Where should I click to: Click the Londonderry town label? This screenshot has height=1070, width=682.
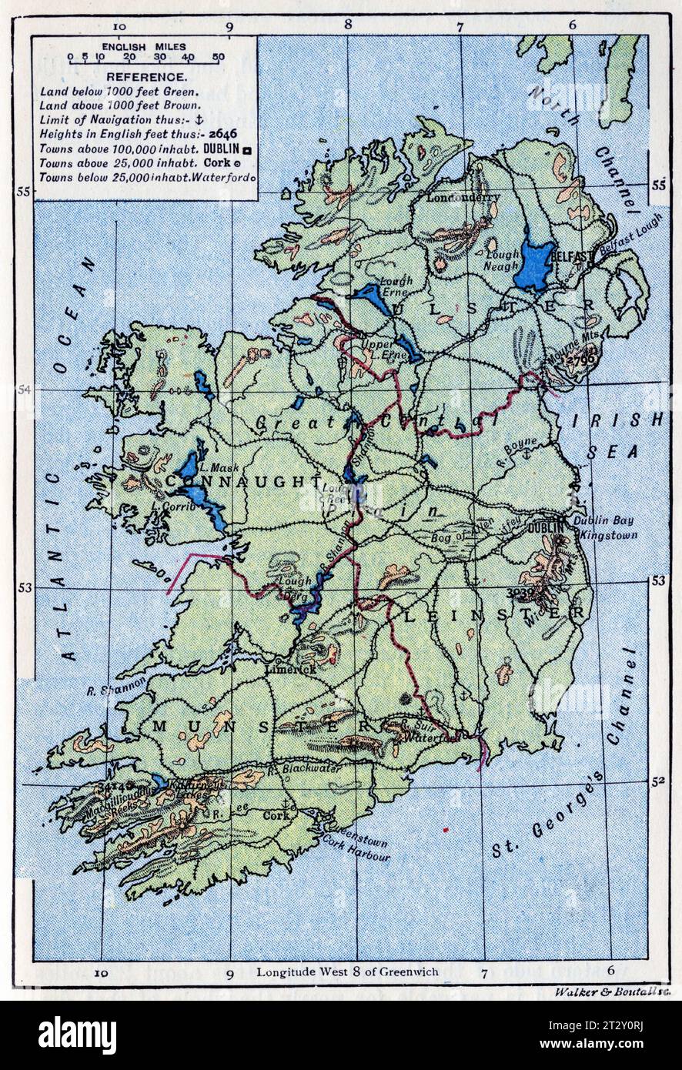click(x=463, y=197)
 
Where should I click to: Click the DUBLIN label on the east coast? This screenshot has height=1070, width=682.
click(x=545, y=529)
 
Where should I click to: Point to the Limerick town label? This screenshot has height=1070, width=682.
click(x=290, y=670)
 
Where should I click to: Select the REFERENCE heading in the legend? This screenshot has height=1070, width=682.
click(x=145, y=77)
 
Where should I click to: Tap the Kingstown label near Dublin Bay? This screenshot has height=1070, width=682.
click(x=608, y=534)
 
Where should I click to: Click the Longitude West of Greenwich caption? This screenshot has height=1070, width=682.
click(x=347, y=971)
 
